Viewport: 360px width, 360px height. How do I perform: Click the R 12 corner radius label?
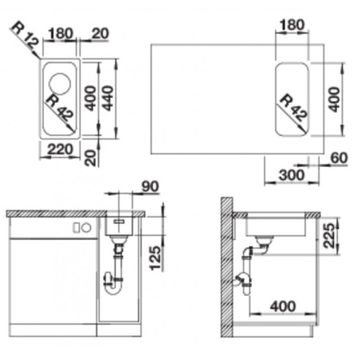pos(24,35)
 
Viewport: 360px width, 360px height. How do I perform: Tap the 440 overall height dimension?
pos(108,98)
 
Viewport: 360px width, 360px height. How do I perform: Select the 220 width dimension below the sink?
pos(60,149)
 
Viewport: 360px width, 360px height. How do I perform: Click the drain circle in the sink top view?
pos(60,84)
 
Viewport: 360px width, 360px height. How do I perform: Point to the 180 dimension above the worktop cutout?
pos(292,24)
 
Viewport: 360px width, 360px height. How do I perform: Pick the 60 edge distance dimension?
pos(338,158)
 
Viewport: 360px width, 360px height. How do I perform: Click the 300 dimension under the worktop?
pos(292,175)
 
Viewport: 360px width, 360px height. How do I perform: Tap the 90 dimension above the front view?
pos(150,186)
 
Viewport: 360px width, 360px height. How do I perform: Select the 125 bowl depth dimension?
pos(155,258)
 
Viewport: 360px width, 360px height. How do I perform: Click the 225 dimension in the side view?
pos(328,235)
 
